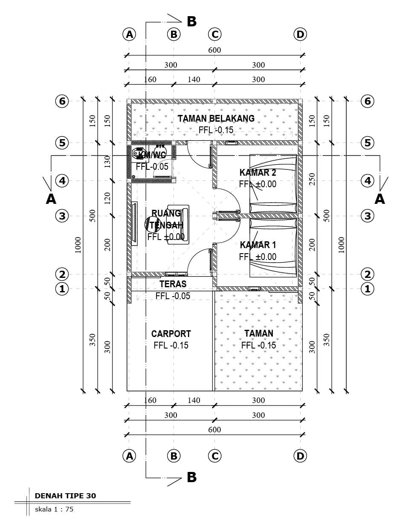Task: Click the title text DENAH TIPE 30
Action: pyautogui.click(x=65, y=496)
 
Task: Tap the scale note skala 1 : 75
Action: pyautogui.click(x=54, y=509)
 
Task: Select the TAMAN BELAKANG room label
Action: pyautogui.click(x=216, y=118)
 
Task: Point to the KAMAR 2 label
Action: pyautogui.click(x=258, y=172)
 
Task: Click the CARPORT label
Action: pyautogui.click(x=171, y=334)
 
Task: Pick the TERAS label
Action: pyautogui.click(x=173, y=284)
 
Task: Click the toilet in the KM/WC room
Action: pyautogui.click(x=139, y=153)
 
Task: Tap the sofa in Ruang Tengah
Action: pyautogui.click(x=178, y=224)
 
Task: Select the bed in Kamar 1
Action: pyautogui.click(x=273, y=247)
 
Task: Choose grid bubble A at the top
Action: pyautogui.click(x=129, y=34)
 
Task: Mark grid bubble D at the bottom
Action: pyautogui.click(x=300, y=456)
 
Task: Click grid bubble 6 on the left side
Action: pyautogui.click(x=62, y=101)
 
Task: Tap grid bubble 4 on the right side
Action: pyautogui.click(x=368, y=181)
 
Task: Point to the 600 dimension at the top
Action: pyautogui.click(x=214, y=50)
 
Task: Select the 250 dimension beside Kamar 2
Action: pyautogui.click(x=312, y=179)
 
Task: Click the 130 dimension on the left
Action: pyautogui.click(x=107, y=161)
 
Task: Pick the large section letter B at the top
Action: pyautogui.click(x=191, y=22)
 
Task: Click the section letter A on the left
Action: pyautogui.click(x=51, y=199)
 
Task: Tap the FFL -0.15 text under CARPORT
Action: pyautogui.click(x=171, y=346)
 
